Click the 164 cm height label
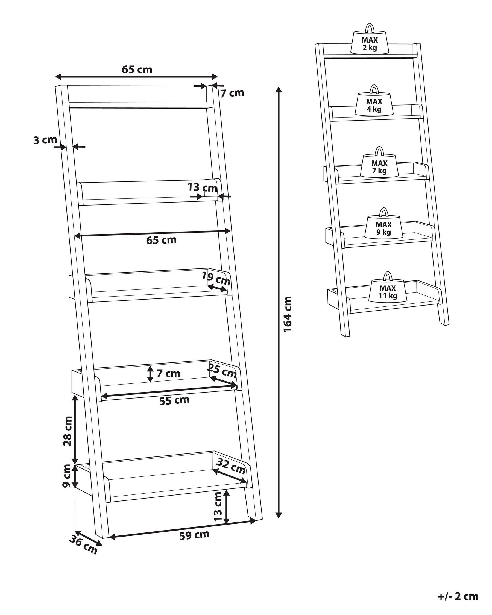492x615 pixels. coord(288,314)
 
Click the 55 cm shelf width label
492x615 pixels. coord(174,400)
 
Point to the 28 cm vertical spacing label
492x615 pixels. coord(68,435)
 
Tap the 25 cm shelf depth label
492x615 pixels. coord(222,371)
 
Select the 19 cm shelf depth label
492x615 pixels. coord(216,279)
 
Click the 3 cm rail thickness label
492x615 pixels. coord(45,140)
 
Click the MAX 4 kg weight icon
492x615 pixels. coord(374,105)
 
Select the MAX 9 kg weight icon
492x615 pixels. coord(383,228)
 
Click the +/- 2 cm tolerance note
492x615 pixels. coord(458,588)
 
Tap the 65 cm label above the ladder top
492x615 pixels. coord(137,69)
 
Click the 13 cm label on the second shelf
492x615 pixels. coord(202,188)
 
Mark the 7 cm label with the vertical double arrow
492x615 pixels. coord(168,373)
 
